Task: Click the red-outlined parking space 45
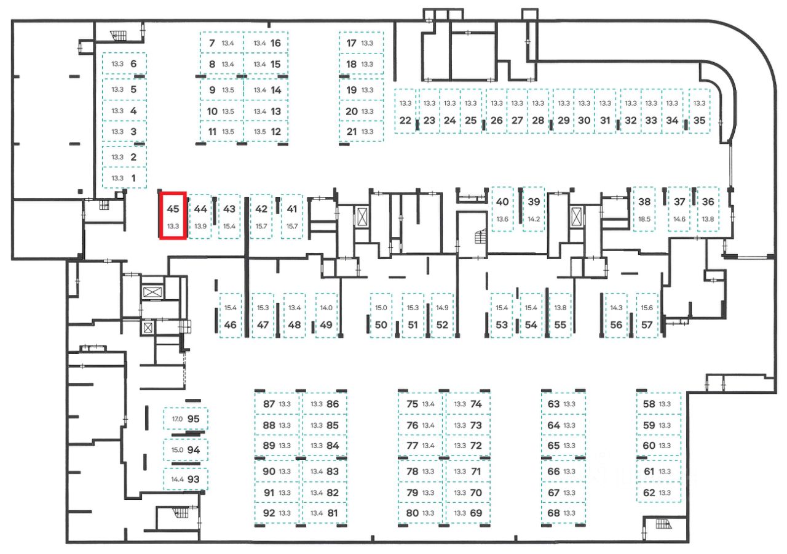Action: (x=173, y=215)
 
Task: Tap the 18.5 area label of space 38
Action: (x=644, y=219)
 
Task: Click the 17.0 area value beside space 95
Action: (x=177, y=419)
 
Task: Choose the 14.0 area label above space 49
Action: (x=326, y=308)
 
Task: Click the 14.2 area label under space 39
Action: (x=534, y=219)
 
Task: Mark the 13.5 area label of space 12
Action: (x=259, y=131)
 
